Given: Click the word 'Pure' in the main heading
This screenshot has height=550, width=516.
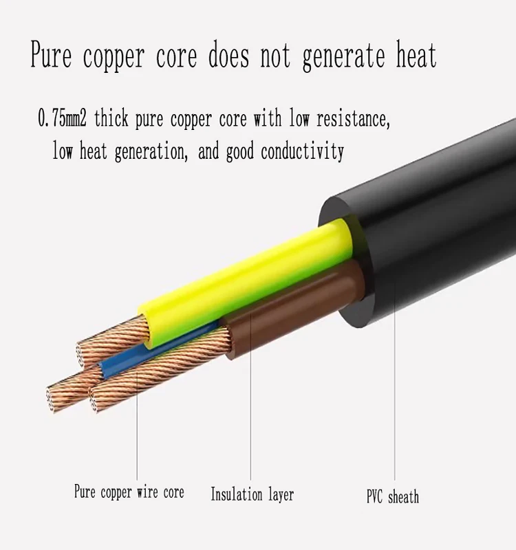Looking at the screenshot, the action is click(x=51, y=54).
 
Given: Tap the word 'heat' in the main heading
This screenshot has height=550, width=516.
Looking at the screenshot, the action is click(x=417, y=55).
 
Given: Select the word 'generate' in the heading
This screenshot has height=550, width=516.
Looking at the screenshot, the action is click(x=343, y=58).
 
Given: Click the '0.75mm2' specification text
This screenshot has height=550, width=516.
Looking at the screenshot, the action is click(x=62, y=118).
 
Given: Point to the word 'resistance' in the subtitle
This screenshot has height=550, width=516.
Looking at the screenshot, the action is click(x=353, y=118).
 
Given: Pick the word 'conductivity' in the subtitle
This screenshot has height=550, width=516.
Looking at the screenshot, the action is click(x=302, y=151).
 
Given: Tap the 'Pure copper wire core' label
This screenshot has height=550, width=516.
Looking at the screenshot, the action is click(x=129, y=492).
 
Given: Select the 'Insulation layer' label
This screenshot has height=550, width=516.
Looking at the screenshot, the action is click(x=252, y=494).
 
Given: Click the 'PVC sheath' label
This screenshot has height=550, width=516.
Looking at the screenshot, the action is click(x=393, y=496).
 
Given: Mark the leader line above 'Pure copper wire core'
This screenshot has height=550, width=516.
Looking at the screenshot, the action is click(x=137, y=425).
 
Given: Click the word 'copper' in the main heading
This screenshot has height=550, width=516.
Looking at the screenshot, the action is click(x=114, y=58).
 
